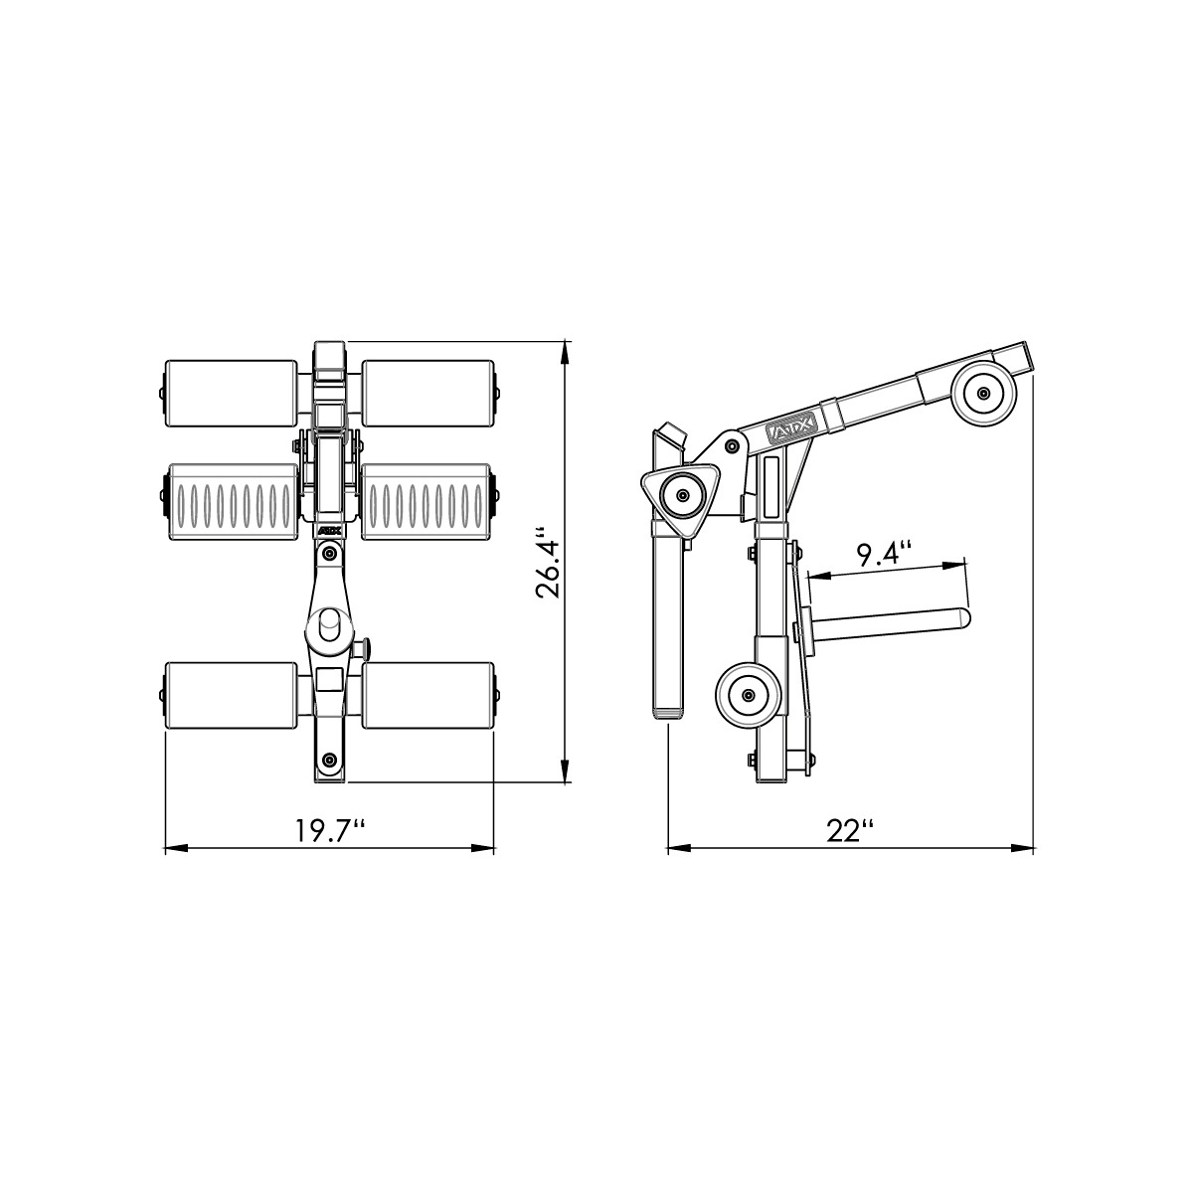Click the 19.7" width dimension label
[x=326, y=830]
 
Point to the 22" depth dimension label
[x=850, y=830]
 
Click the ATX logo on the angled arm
[x=793, y=429]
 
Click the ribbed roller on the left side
[x=231, y=494]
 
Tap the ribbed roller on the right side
[x=426, y=494]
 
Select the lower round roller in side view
[x=749, y=693]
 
